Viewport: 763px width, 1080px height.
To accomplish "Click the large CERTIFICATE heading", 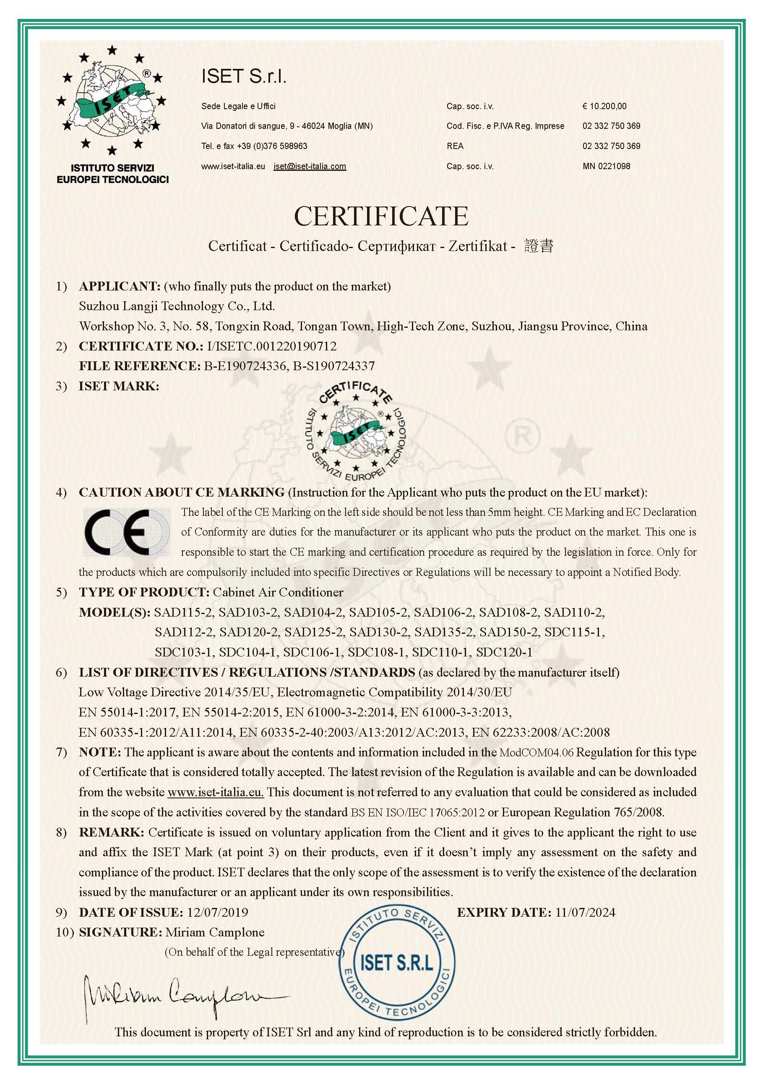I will (381, 216).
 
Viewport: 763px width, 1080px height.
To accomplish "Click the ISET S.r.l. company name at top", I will (244, 76).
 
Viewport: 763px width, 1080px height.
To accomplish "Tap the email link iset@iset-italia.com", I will (310, 166).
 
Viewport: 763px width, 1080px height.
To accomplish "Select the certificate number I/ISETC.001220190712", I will (271, 346).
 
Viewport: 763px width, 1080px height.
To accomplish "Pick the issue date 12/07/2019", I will (217, 912).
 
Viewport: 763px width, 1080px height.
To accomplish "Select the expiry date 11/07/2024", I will (585, 912).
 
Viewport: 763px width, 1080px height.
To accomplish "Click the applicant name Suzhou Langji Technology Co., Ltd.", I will (177, 306).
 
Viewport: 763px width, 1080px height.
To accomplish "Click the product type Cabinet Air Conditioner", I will (278, 592).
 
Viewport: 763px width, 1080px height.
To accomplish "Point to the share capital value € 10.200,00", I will (604, 106).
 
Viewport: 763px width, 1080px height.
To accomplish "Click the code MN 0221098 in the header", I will (606, 166).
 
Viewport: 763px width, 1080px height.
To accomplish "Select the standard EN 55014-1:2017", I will (128, 712).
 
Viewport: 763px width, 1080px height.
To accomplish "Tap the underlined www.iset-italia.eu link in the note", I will (215, 792).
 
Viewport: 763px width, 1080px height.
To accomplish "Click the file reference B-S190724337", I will (334, 366).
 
